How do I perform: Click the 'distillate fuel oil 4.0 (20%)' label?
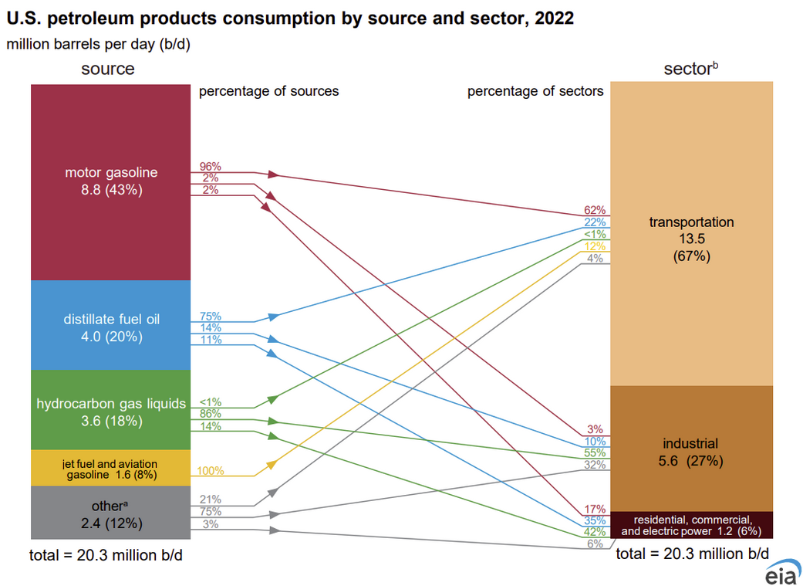click(110, 327)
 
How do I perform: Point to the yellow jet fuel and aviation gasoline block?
click(110, 469)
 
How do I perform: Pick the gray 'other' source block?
click(110, 514)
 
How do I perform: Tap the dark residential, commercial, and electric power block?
click(691, 525)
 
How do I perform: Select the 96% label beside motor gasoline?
click(210, 166)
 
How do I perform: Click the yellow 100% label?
click(210, 470)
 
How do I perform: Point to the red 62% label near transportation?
click(595, 210)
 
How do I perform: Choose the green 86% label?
click(210, 414)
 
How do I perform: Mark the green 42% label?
click(595, 532)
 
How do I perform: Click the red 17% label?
click(595, 509)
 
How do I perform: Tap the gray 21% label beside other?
click(210, 500)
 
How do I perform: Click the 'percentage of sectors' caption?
click(535, 92)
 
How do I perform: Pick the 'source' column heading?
click(108, 69)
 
